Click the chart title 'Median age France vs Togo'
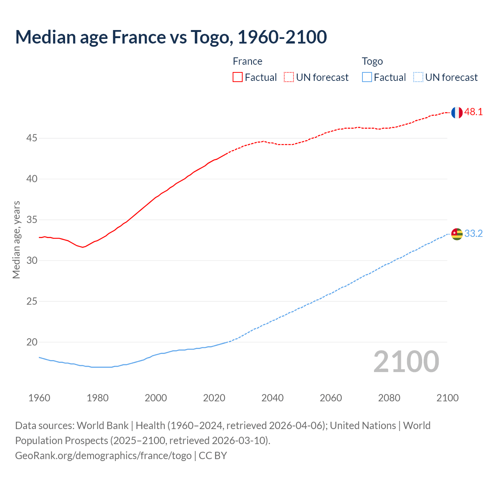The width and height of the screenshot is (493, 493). coord(171,37)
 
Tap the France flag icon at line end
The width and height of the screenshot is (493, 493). coord(457,112)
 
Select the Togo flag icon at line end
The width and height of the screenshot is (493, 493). coord(457,234)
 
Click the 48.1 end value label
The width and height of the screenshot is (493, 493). coord(473,112)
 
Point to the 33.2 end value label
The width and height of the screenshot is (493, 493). coord(473,234)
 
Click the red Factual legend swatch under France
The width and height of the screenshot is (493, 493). coord(238,77)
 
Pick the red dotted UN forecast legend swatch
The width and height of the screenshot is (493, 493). coord(289,77)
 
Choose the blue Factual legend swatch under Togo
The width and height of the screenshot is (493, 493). coord(367,77)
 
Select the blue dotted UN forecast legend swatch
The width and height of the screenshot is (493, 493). coord(418,77)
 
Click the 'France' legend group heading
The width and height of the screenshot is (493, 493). coord(247,61)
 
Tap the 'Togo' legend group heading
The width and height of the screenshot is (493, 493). coord(372,61)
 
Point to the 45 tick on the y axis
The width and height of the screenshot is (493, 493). coord(32,138)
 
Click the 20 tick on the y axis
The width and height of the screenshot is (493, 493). coord(32,342)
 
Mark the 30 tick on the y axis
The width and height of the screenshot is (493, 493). coord(32,260)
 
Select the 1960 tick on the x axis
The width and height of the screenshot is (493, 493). coord(39,398)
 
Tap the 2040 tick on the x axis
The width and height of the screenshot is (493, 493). coord(272,398)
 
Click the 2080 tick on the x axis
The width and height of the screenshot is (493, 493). coord(389,398)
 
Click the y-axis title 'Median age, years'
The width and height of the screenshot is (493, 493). coord(16,240)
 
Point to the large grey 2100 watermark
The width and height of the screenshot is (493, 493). coord(406,362)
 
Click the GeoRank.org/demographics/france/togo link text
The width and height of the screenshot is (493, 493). coord(103,456)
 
